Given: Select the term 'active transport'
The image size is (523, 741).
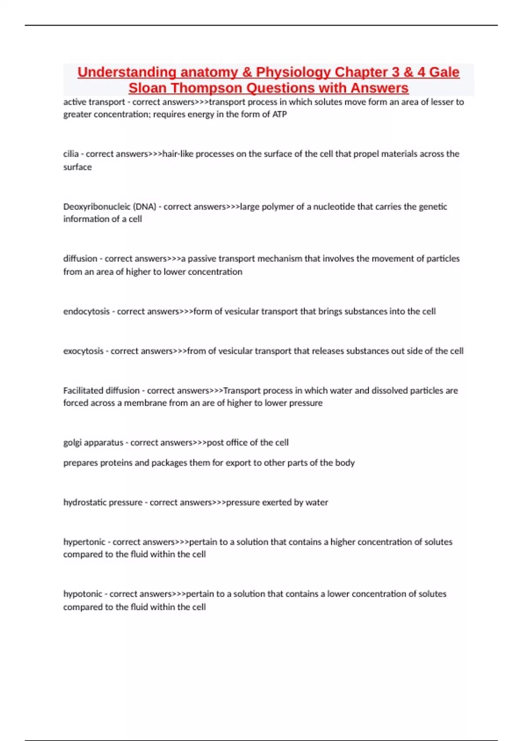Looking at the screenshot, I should [x=94, y=102].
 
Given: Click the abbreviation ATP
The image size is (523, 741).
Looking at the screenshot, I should [x=279, y=114].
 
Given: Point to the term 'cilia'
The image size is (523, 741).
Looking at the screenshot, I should [x=71, y=154].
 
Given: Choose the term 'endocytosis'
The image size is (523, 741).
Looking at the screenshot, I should [x=86, y=311].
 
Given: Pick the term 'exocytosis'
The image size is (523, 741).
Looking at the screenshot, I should [x=83, y=351].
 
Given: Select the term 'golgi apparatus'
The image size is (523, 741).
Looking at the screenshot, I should [x=93, y=443].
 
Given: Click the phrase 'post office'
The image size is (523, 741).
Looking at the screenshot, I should [x=228, y=442].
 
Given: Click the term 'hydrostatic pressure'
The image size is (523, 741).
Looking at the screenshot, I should [x=103, y=503].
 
